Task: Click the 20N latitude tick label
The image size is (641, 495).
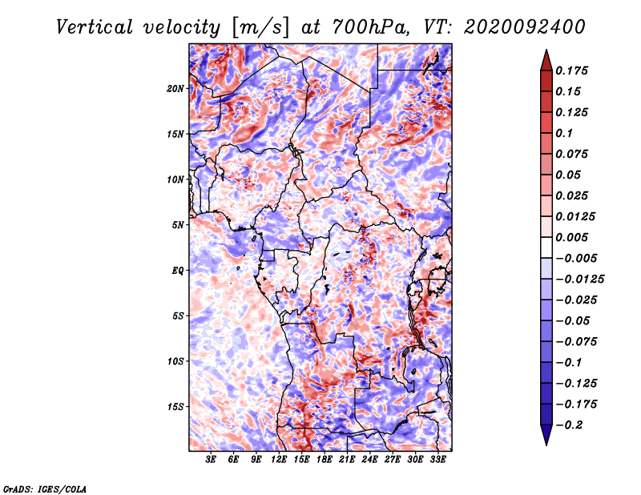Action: pyautogui.click(x=175, y=88)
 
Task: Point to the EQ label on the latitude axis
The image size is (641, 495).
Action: pyautogui.click(x=178, y=271)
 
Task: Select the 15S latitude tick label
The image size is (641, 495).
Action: pyautogui.click(x=175, y=407)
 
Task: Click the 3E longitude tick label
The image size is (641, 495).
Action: pyautogui.click(x=212, y=461)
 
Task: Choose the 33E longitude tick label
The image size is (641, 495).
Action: pyautogui.click(x=437, y=461)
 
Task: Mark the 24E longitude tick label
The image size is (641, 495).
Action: pyautogui.click(x=370, y=461)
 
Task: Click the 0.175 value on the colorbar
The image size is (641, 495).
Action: pyautogui.click(x=574, y=70)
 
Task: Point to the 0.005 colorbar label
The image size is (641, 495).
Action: pyautogui.click(x=574, y=237)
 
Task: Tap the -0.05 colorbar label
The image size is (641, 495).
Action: pyautogui.click(x=574, y=320)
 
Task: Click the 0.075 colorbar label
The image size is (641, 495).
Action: pyautogui.click(x=574, y=154)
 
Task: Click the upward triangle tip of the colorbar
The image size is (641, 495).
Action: pyautogui.click(x=546, y=53)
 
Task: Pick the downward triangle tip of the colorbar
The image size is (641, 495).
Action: pyautogui.click(x=546, y=442)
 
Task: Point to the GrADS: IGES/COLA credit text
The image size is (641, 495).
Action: pyautogui.click(x=44, y=488)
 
